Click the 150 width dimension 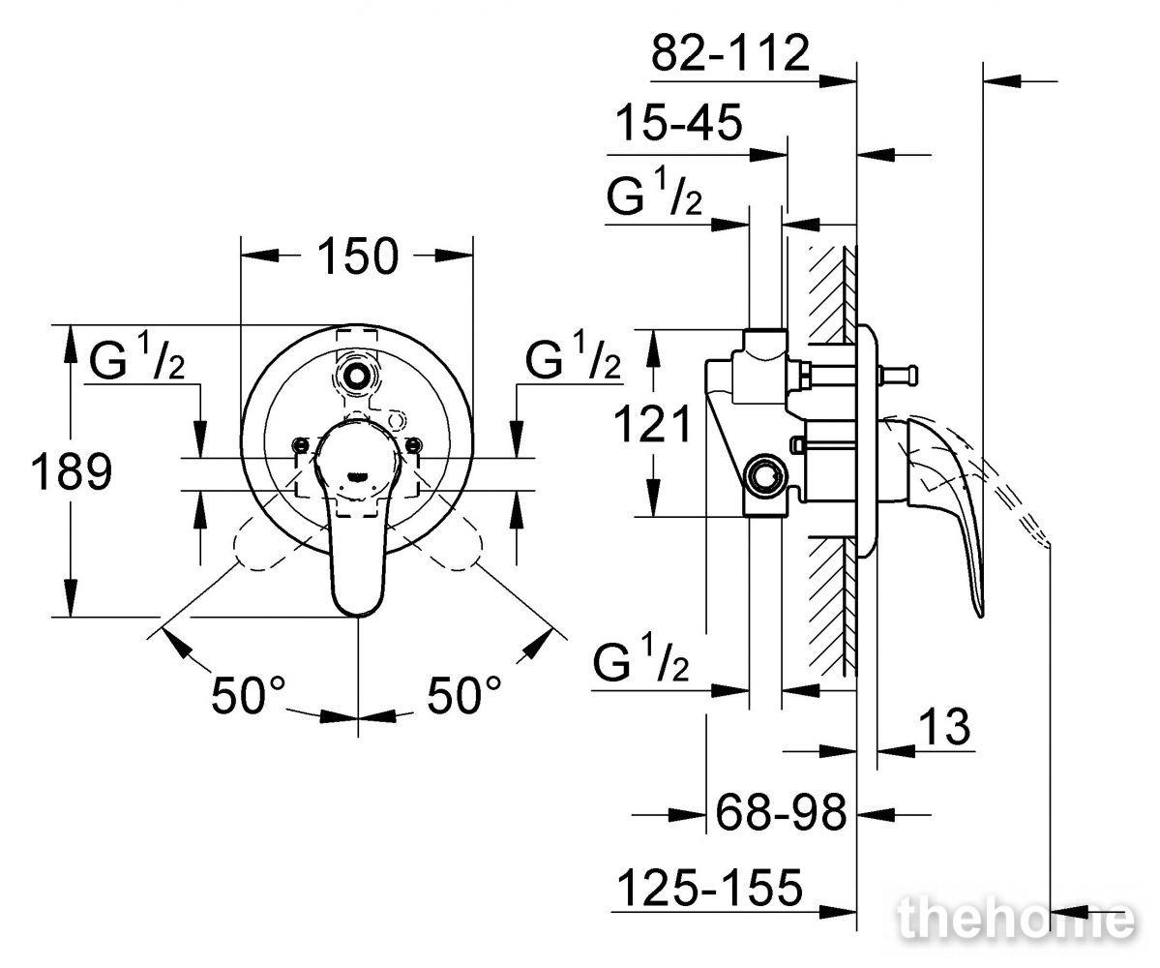[x=358, y=257]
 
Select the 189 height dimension [x=71, y=471]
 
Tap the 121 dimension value [x=653, y=424]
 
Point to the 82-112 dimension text [x=730, y=52]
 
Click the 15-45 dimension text [x=679, y=122]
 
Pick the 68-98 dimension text [x=781, y=812]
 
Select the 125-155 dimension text [x=709, y=887]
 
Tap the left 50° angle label [x=248, y=695]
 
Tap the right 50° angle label [x=463, y=695]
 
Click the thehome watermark [x=1016, y=919]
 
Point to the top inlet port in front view [x=357, y=375]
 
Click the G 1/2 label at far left [x=136, y=357]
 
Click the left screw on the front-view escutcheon [x=300, y=444]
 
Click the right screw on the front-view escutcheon [x=414, y=444]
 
